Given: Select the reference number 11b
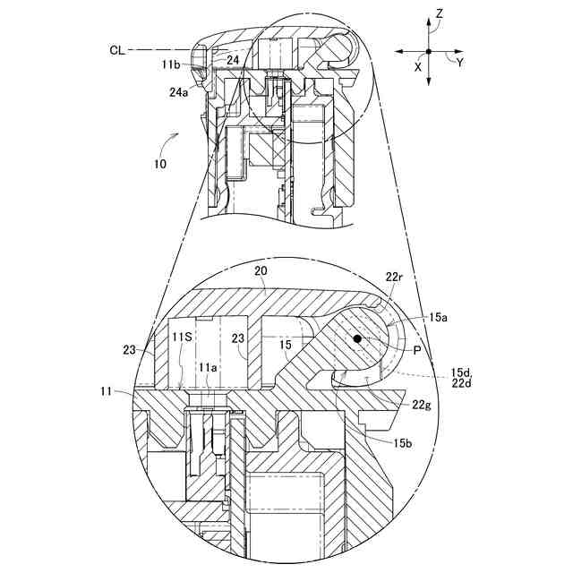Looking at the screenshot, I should [172, 64].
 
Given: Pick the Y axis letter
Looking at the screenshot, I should [459, 64].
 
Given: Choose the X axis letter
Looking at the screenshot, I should [418, 65].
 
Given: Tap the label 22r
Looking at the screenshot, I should [394, 278].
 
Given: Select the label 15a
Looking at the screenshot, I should [439, 317].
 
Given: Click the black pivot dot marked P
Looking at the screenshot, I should [357, 339].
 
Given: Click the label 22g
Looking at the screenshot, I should [423, 406].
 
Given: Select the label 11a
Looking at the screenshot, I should [208, 367].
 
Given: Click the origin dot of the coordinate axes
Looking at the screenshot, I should [429, 52].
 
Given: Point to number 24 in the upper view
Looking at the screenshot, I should [232, 60].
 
